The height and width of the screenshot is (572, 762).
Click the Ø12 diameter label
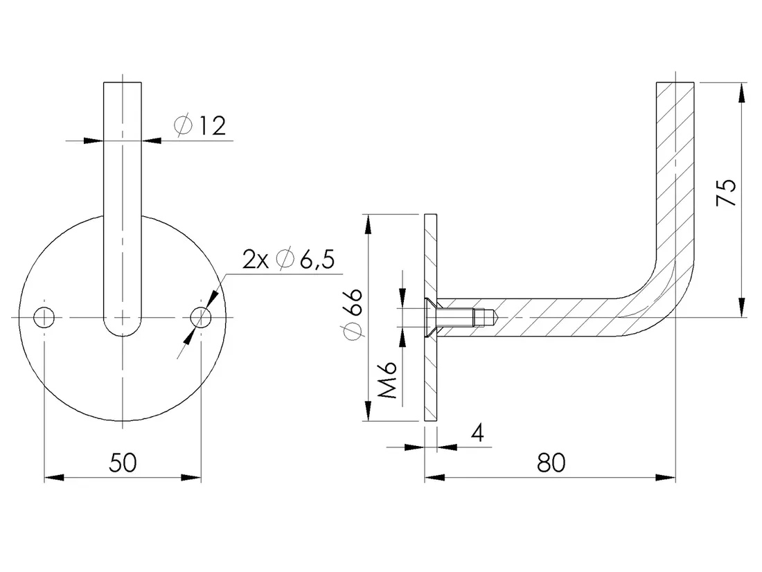[200, 125]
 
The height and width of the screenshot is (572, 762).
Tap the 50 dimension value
[123, 462]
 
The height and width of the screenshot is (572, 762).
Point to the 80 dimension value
[551, 463]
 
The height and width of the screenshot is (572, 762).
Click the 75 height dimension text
[727, 193]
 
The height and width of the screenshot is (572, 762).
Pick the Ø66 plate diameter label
[353, 314]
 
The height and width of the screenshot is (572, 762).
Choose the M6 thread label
[388, 380]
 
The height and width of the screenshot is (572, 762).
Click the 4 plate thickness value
[478, 433]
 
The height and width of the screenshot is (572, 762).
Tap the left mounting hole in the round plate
[44, 318]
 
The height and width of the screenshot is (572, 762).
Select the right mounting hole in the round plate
[201, 318]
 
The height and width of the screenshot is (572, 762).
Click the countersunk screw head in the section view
[431, 318]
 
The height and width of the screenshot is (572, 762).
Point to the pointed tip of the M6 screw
[495, 318]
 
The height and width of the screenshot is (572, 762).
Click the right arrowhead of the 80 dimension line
[666, 478]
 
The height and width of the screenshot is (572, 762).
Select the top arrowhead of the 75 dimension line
[741, 92]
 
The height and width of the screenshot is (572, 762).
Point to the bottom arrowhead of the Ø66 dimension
[368, 411]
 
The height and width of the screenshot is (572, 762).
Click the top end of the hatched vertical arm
[675, 83]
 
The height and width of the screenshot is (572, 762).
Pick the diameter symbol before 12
[183, 125]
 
